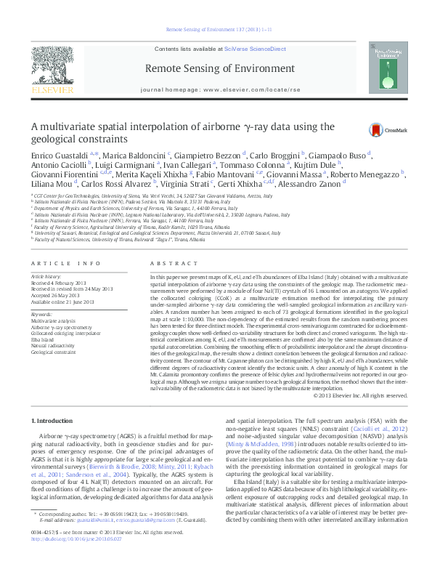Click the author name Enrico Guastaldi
(x=54, y=156)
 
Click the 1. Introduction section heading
(x=54, y=421)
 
